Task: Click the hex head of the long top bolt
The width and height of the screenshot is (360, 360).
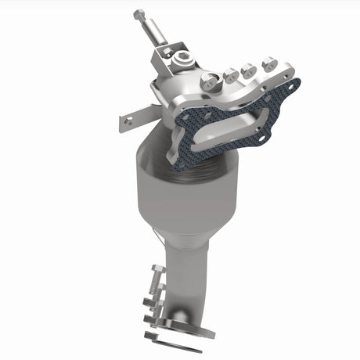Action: (x=139, y=14)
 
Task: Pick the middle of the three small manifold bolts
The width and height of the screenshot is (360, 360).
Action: (x=250, y=70)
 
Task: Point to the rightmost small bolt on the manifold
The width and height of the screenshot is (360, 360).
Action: (x=268, y=63)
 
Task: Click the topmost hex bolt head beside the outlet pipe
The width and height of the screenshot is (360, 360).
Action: (x=155, y=271)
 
